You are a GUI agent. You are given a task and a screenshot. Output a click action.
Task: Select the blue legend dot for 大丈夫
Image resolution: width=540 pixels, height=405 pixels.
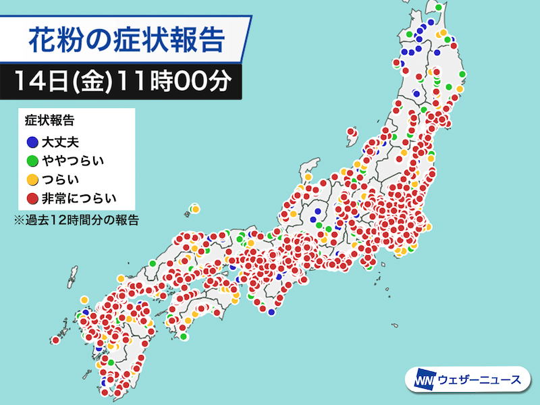(x=32, y=142)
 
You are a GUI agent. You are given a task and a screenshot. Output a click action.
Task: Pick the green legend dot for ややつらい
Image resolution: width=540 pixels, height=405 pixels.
(x=32, y=161)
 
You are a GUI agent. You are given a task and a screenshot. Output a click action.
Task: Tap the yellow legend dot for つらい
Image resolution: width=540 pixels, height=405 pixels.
(x=32, y=180)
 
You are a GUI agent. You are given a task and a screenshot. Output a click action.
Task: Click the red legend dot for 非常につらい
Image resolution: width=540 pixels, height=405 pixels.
(x=32, y=198)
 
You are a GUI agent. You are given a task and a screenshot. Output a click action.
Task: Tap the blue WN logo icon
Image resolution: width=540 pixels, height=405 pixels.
(x=422, y=379)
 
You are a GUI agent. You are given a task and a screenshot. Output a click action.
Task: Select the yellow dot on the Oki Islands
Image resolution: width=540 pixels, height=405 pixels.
(x=195, y=209)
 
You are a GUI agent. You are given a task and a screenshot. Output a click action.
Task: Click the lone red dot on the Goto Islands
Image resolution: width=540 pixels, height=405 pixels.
(x=54, y=341)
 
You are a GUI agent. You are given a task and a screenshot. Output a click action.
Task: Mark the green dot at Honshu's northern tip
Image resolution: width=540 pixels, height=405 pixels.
(x=439, y=8)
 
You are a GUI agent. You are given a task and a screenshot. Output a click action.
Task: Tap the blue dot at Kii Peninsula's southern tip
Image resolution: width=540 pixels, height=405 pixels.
(x=271, y=312)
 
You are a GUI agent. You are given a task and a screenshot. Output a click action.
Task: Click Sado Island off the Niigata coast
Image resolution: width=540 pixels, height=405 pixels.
(x=311, y=167)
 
